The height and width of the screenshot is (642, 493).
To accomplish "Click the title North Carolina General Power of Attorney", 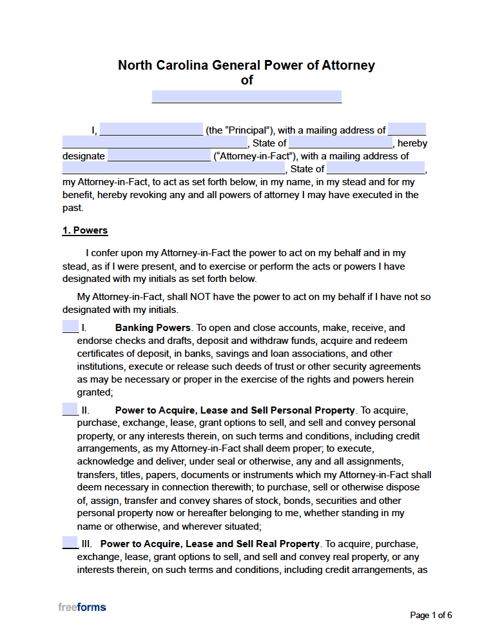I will (x=246, y=65).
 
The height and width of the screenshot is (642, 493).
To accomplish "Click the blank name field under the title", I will (x=246, y=97).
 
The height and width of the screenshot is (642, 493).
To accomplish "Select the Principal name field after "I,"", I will (x=151, y=130).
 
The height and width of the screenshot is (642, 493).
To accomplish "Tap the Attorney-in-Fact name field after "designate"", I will (x=159, y=155).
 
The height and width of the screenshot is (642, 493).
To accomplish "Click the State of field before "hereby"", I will (x=341, y=143).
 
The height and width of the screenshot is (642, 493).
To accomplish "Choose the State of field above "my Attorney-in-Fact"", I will (x=376, y=169).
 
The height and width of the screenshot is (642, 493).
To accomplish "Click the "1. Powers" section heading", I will (x=85, y=230).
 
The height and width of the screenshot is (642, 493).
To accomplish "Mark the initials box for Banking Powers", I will (x=70, y=327).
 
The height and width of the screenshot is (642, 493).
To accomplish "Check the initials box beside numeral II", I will (x=70, y=410).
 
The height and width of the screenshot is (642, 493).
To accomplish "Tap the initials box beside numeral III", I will (x=70, y=543).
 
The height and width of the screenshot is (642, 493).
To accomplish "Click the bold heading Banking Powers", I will (x=153, y=328).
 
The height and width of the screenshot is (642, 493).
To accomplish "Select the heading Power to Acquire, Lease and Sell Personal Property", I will (x=235, y=410).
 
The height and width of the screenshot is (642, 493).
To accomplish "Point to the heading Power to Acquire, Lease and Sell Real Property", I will (x=210, y=544).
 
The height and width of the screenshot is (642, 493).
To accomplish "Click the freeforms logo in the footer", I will (x=82, y=607).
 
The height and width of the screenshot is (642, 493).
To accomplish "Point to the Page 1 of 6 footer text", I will (x=431, y=615).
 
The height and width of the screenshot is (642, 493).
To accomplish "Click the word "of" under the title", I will (x=247, y=81).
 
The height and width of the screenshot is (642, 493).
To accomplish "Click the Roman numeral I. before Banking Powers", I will (x=84, y=328).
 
